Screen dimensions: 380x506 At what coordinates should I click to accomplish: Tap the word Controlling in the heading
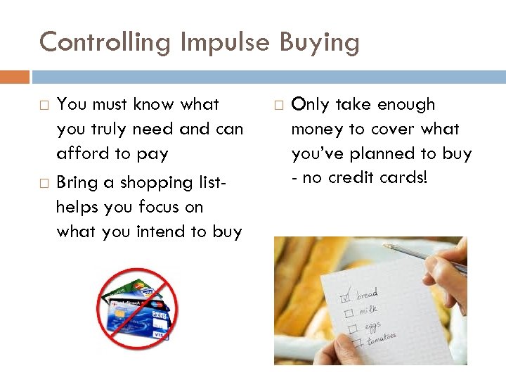pos(105,42)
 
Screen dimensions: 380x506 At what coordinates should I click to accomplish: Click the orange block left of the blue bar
pos(15,77)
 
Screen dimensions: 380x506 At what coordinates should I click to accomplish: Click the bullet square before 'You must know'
pos(44,106)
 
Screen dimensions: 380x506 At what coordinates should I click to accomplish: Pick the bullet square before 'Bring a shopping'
pos(44,184)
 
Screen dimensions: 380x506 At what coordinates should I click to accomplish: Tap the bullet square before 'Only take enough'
pos(278,106)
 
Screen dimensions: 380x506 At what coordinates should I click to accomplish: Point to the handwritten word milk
pos(368,310)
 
